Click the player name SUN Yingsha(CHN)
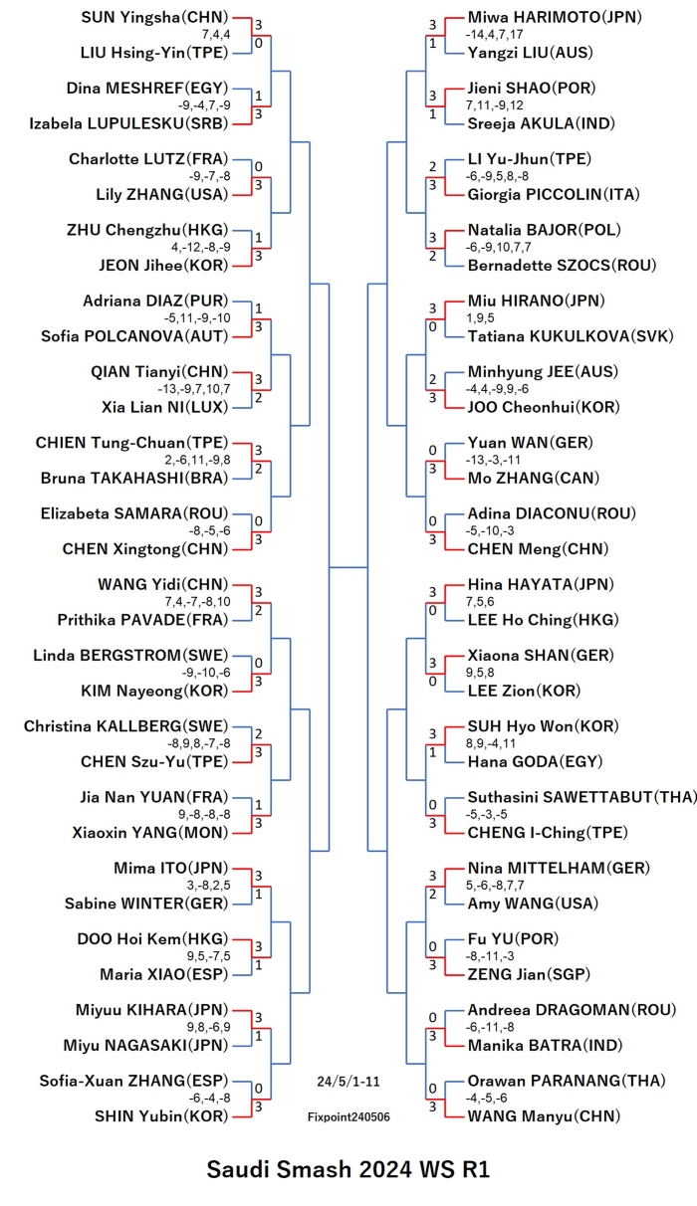point(154,18)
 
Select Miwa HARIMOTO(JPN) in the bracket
point(555,17)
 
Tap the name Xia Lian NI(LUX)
point(165,407)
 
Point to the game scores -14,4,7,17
point(495,35)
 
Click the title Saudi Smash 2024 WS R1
point(348,1169)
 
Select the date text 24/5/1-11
point(348,1082)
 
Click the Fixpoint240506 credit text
point(348,1117)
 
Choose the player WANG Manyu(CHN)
point(544,1116)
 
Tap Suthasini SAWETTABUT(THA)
point(581,797)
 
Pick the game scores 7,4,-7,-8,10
point(198,602)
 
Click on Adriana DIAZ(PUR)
point(155,301)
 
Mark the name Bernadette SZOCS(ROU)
point(562,266)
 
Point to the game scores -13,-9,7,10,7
point(194,389)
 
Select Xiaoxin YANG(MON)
point(150,833)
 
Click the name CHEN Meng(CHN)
point(538,549)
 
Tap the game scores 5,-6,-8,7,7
point(495,886)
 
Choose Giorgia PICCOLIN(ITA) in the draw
point(554,194)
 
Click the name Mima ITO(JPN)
point(171,869)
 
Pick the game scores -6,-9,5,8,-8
point(497,176)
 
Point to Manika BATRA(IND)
point(545,1046)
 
